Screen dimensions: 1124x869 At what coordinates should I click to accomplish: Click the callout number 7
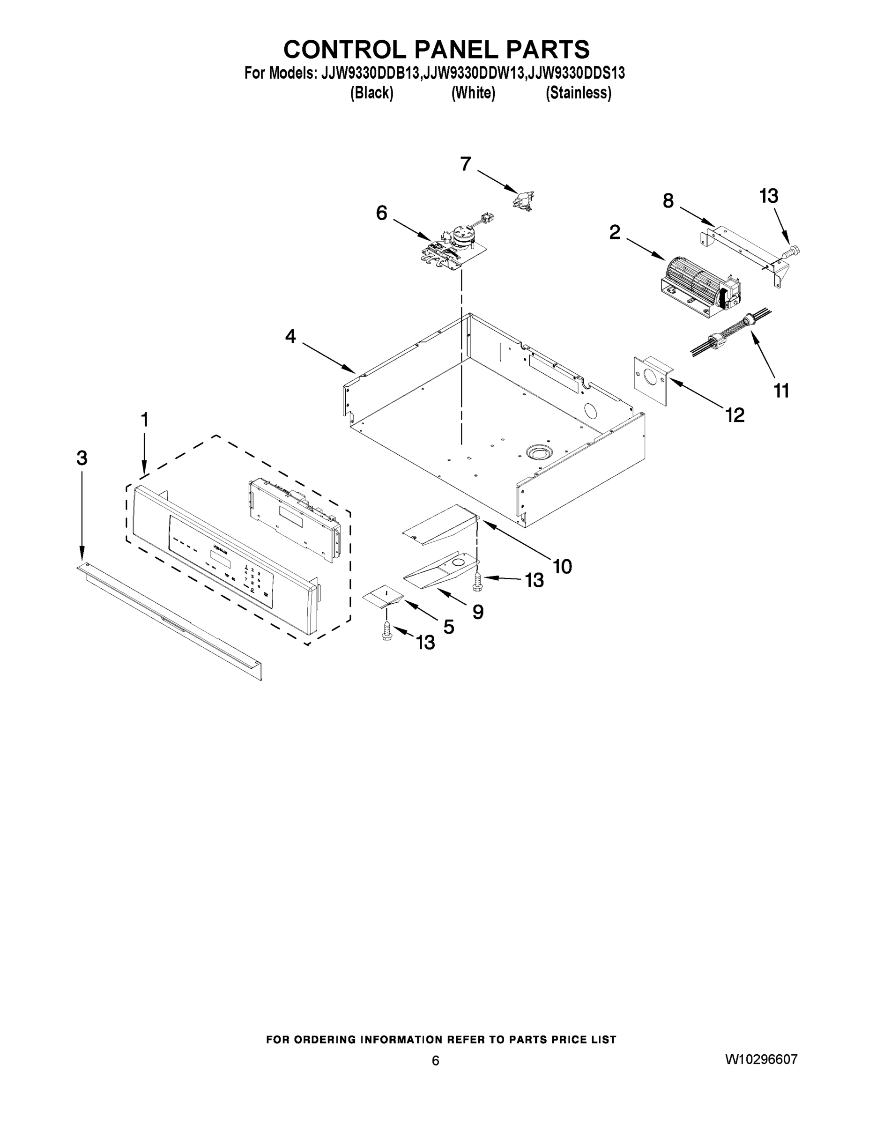[x=465, y=165]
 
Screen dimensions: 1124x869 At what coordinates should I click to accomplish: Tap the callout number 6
[x=381, y=213]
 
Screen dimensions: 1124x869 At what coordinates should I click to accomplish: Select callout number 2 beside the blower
[x=615, y=233]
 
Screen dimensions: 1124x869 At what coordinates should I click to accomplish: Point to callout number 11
[x=781, y=391]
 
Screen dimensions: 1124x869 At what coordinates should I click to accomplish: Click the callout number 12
[x=735, y=414]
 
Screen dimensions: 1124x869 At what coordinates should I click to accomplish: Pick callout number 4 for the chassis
[x=291, y=337]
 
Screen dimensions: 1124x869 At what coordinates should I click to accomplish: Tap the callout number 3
[x=82, y=458]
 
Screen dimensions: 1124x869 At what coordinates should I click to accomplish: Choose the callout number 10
[x=562, y=566]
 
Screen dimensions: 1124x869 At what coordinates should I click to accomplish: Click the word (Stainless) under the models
[x=578, y=93]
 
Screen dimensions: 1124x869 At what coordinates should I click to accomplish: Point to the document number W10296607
[x=761, y=1059]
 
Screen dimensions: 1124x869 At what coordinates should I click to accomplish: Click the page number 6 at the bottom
[x=436, y=1061]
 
